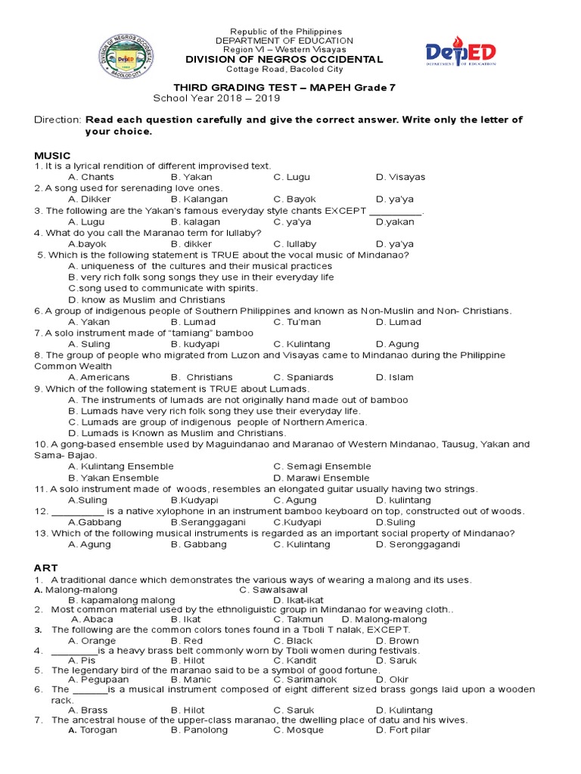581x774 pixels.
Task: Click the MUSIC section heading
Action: click(52, 155)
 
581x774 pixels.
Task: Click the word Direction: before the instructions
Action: click(57, 120)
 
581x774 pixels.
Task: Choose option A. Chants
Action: click(90, 177)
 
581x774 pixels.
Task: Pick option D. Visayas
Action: click(400, 177)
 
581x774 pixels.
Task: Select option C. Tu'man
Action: click(298, 322)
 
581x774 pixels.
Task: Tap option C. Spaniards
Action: click(302, 377)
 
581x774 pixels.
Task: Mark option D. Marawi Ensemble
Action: click(322, 478)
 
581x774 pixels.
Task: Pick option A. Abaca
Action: click(92, 619)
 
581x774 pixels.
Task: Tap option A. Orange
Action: click(92, 641)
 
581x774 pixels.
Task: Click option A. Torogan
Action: click(92, 730)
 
